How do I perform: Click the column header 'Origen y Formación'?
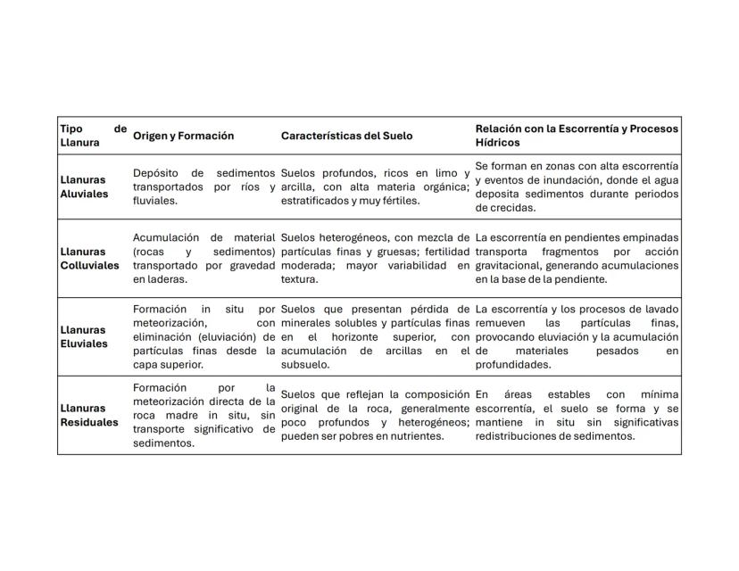point(183,136)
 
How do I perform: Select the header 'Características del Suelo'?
point(346,136)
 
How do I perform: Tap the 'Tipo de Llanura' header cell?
point(93,136)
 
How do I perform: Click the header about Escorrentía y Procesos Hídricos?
point(576,136)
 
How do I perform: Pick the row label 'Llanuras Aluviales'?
point(84,186)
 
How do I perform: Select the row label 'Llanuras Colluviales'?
point(89,259)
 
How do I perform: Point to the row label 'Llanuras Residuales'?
point(88,415)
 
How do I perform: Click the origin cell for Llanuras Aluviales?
point(203,186)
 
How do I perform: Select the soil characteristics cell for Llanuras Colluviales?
point(375,259)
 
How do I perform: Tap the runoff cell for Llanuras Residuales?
point(576,415)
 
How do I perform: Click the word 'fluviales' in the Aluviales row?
point(154,201)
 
